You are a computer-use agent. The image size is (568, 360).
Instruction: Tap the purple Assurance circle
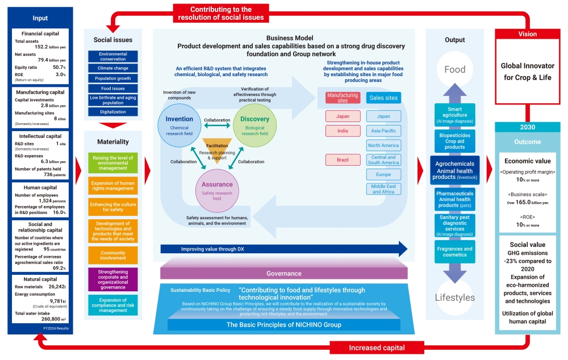click(217, 188)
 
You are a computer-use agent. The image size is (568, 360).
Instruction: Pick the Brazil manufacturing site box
click(343, 160)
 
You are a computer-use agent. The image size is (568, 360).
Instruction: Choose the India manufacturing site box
click(343, 131)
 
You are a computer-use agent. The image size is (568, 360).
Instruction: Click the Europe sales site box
click(383, 174)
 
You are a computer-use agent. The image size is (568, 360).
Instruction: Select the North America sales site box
click(383, 145)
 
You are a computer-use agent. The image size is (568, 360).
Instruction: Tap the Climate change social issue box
click(113, 68)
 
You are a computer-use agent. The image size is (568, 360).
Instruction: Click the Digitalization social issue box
click(113, 112)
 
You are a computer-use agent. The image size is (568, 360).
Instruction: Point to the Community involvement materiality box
click(113, 256)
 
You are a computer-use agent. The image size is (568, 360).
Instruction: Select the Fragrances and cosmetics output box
click(455, 252)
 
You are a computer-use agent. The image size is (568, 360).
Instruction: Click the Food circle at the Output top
click(454, 70)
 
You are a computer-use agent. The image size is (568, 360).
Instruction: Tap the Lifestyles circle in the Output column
click(455, 298)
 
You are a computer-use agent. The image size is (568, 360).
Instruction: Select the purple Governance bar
click(284, 273)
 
